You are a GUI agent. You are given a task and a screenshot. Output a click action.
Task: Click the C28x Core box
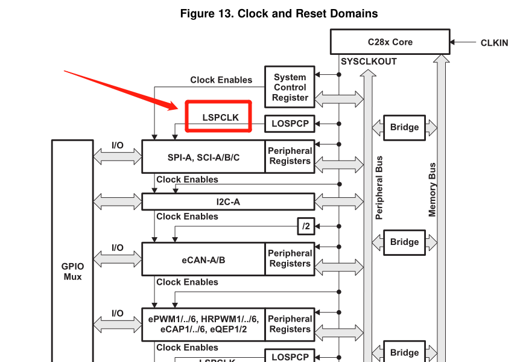[390, 42]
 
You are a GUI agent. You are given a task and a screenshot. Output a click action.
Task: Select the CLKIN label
[494, 43]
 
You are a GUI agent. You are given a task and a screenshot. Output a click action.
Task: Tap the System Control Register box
[290, 87]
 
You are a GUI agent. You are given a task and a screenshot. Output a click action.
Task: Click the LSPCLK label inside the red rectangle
[220, 118]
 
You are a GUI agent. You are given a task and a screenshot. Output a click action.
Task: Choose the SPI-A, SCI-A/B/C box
[203, 157]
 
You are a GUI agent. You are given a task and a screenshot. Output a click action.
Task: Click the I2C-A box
[228, 202]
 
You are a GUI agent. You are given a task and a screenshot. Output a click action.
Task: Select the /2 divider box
[306, 226]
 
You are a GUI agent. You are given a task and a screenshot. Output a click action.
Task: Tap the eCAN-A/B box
[203, 259]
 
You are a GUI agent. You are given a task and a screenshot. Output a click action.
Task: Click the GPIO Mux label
[72, 271]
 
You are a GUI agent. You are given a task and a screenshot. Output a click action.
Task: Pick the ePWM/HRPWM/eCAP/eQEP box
[203, 324]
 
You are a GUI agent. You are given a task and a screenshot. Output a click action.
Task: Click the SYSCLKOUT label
[369, 62]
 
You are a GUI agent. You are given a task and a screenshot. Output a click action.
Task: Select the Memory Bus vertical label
[432, 189]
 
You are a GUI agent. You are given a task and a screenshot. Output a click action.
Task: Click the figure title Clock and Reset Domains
[279, 13]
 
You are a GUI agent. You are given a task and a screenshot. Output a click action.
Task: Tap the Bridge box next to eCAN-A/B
[404, 242]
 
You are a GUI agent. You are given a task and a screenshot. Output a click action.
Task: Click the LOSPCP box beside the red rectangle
[290, 124]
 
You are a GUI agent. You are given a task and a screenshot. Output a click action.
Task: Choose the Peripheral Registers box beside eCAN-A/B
[290, 259]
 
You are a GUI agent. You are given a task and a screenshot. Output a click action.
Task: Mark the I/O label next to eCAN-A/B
[117, 247]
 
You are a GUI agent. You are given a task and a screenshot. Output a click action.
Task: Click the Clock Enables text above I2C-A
[187, 179]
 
